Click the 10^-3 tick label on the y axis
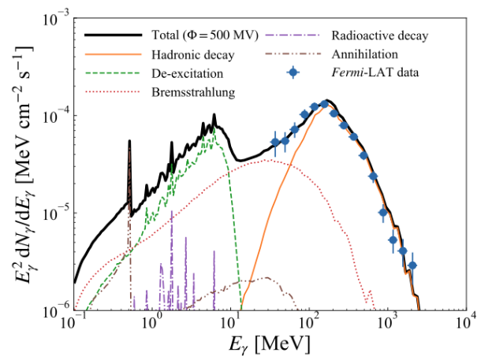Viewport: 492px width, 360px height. (53, 17)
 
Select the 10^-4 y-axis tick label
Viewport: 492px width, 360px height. (53, 115)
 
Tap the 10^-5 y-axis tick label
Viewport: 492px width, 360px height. (53, 213)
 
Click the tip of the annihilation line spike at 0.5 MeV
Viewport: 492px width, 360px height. (129, 142)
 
